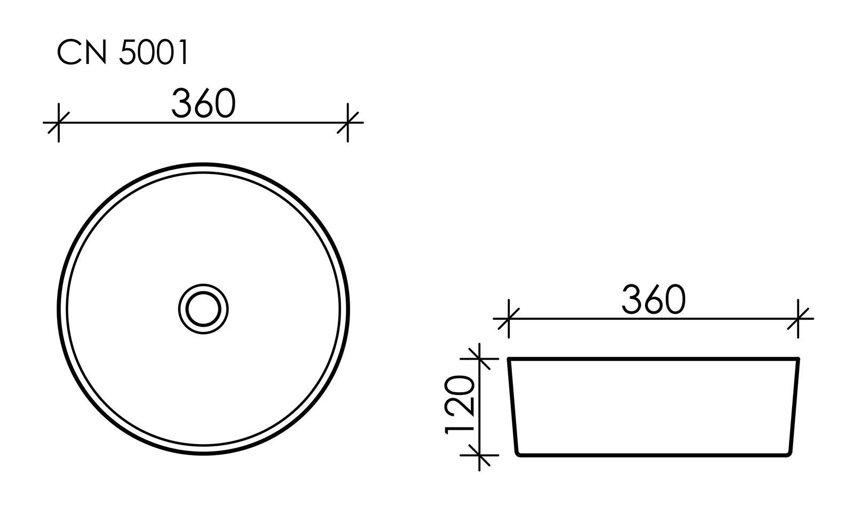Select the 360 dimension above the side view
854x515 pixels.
tap(653, 300)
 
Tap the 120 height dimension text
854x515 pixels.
tap(460, 405)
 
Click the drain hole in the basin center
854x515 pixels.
tap(203, 308)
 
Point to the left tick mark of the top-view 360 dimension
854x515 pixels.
tap(58, 123)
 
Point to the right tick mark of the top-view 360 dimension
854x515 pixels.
tap(348, 123)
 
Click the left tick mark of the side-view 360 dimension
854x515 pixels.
tap(509, 319)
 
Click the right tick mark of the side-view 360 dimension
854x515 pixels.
tap(798, 319)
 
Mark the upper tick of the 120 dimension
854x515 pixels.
tap(480, 358)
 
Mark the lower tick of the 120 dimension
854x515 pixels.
tap(480, 455)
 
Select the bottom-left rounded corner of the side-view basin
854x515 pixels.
tap(517, 453)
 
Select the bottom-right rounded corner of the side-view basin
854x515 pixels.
tap(790, 453)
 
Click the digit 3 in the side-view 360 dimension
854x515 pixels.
tap(632, 300)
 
